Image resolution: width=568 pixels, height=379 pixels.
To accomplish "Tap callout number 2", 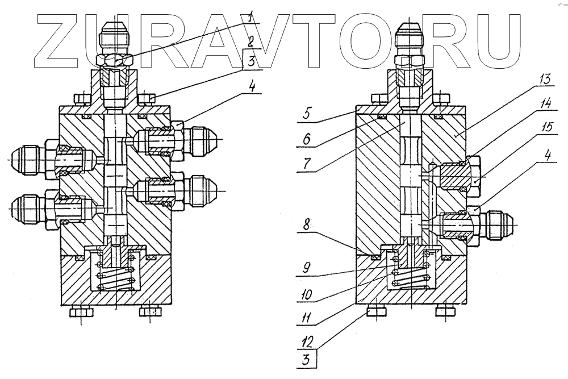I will (x=250, y=41).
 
